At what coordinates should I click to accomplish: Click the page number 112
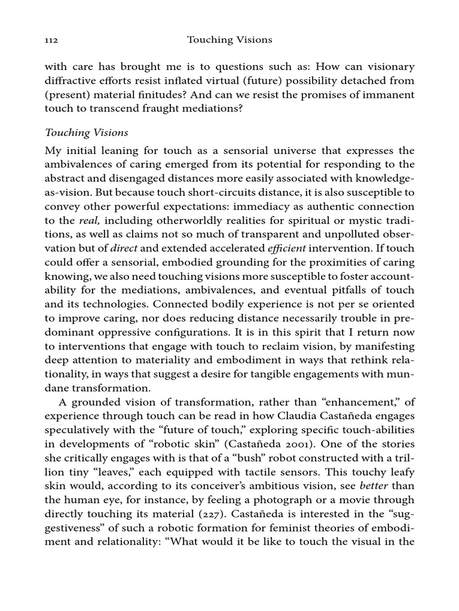click(x=51, y=40)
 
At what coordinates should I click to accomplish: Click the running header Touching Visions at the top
click(x=229, y=40)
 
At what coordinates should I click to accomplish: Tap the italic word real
click(x=89, y=220)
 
